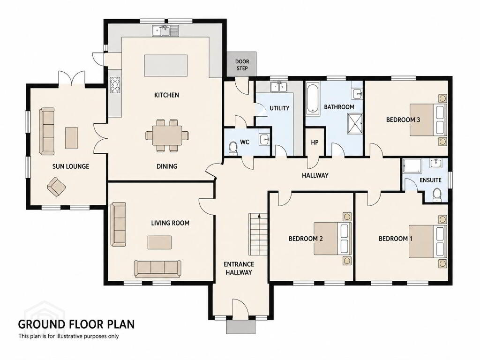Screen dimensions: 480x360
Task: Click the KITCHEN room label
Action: click(166, 95)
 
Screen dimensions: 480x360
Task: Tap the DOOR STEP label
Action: click(242, 65)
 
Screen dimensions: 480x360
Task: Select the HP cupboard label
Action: click(315, 142)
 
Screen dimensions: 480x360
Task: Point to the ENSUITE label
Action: click(430, 180)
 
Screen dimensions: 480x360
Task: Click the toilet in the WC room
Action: click(233, 149)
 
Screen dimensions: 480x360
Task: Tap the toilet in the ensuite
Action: click(437, 195)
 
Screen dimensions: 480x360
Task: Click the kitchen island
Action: click(166, 66)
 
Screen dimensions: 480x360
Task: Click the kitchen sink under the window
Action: click(165, 31)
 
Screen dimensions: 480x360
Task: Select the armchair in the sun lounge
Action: click(56, 187)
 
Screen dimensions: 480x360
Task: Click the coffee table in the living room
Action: click(159, 242)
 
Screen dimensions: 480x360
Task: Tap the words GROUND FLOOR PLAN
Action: click(76, 324)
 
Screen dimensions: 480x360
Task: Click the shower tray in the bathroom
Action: click(355, 124)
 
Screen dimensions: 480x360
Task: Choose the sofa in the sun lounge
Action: click(46, 131)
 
